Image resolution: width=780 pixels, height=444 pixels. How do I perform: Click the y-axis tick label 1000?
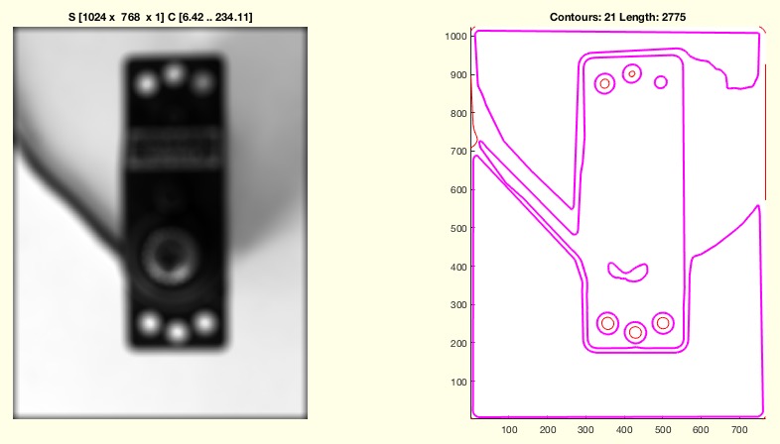pyautogui.click(x=455, y=37)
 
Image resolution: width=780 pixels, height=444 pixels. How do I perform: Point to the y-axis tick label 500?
pyautogui.click(x=458, y=229)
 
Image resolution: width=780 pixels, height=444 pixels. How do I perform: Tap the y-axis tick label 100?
pyautogui.click(x=458, y=382)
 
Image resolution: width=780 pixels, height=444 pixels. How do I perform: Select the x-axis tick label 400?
pyautogui.click(x=624, y=429)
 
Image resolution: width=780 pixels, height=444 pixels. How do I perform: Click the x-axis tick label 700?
pyautogui.click(x=739, y=429)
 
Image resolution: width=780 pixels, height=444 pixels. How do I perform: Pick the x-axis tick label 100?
pyautogui.click(x=509, y=429)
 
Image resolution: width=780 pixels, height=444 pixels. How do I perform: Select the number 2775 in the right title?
pyautogui.click(x=674, y=18)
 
